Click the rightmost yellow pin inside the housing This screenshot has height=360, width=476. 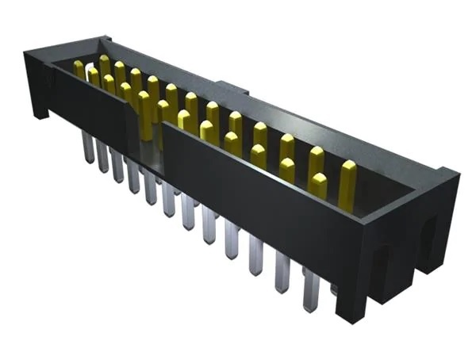[x=347, y=181]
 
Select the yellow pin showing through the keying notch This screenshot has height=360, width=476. [x=145, y=111]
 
